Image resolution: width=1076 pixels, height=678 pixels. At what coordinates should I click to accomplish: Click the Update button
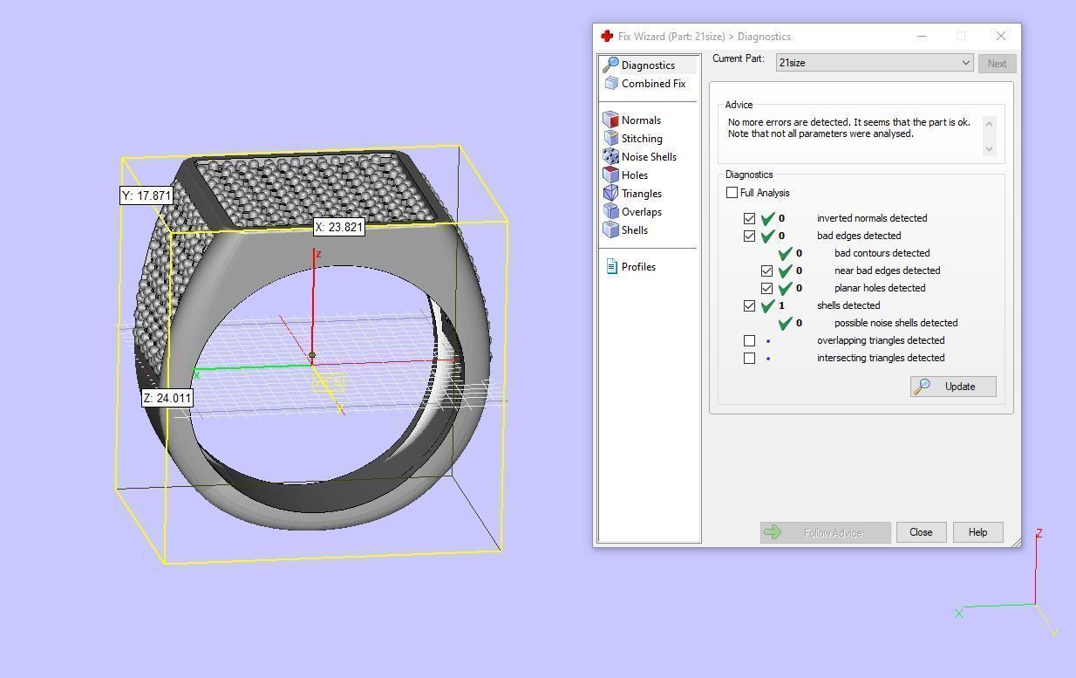(953, 387)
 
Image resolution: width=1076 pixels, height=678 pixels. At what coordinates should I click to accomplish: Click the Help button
(977, 532)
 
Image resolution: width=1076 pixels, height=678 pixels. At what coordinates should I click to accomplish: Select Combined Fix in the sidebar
(652, 84)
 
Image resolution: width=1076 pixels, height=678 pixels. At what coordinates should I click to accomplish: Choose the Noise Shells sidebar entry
(648, 157)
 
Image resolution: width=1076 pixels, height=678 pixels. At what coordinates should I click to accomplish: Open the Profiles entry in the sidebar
(637, 267)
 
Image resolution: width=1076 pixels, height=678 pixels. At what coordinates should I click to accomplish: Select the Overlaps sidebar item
(641, 212)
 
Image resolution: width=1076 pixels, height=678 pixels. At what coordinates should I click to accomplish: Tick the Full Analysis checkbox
(732, 193)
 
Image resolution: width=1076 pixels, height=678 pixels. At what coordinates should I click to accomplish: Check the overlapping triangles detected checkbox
(749, 340)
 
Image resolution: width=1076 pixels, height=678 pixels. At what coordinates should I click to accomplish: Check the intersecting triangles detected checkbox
(749, 358)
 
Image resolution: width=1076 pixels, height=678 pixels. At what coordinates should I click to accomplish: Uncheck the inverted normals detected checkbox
(749, 218)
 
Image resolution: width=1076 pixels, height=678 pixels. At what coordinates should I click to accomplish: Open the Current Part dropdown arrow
(965, 63)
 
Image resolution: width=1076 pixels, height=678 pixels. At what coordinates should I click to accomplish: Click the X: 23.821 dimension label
(339, 227)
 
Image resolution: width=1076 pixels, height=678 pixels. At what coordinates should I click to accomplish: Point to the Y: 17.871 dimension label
(146, 195)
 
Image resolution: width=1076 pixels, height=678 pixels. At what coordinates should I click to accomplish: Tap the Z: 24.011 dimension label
(167, 398)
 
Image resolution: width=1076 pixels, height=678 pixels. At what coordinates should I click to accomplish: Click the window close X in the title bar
(1001, 36)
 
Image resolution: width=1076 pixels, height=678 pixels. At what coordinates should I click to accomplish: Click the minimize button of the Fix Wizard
(922, 36)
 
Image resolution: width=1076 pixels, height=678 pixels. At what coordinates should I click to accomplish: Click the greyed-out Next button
(997, 63)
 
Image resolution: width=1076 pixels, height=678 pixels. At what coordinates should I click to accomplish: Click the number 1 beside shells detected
(781, 305)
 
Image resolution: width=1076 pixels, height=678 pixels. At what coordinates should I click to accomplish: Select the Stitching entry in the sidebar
(641, 139)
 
